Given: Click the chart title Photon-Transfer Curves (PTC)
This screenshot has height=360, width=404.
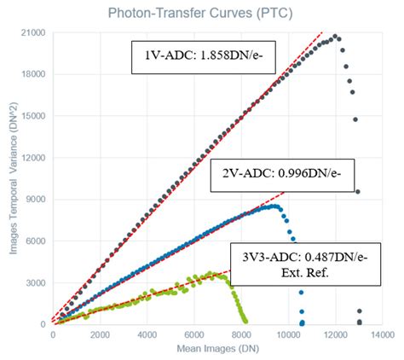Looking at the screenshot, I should [x=204, y=12].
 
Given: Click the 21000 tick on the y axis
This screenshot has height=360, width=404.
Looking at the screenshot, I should [x=35, y=32].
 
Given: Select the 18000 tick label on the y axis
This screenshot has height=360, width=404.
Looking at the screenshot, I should [x=35, y=73].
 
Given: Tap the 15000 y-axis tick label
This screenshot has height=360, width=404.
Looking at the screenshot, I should [x=35, y=115].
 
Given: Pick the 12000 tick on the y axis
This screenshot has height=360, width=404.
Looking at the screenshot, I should [x=35, y=157].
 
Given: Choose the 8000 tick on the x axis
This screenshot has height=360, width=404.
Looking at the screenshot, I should [x=241, y=334].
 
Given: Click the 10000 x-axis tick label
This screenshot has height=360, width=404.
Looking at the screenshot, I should [x=288, y=334].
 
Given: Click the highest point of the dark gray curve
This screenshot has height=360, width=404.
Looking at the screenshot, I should [x=335, y=37].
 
